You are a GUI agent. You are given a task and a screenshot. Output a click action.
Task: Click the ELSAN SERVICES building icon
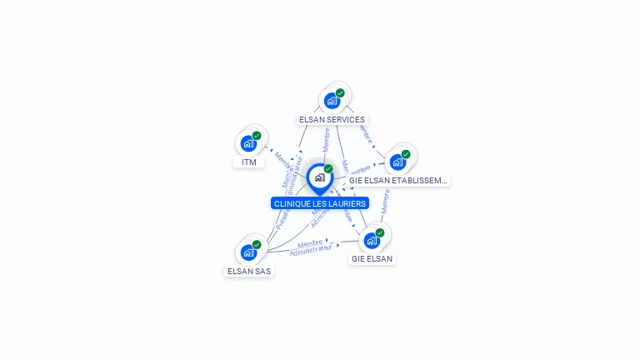tap(332, 102)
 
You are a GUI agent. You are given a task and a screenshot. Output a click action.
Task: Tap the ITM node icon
tap(248, 143)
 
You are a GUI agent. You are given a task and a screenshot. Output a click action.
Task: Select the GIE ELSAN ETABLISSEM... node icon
tap(397, 162)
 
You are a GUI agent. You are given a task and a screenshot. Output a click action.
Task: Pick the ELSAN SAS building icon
tap(248, 252)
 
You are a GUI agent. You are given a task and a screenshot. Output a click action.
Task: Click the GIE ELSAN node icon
tap(372, 241)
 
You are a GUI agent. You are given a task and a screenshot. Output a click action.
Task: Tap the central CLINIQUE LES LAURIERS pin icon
tap(319, 177)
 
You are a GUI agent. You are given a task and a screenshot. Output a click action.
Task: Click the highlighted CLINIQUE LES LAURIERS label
tap(320, 203)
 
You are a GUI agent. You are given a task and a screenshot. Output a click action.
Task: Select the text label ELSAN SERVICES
tap(332, 119)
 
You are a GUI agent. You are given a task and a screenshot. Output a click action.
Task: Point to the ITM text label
tap(249, 162)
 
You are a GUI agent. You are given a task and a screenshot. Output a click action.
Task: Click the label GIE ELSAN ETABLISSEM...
tap(398, 180)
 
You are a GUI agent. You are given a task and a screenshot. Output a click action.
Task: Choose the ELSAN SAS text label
tap(249, 271)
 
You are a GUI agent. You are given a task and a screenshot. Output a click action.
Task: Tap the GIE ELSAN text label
tap(372, 259)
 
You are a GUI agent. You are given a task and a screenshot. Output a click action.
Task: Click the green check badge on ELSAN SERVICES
tap(340, 93)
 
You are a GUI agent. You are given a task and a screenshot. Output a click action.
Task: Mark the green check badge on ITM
tap(257, 135)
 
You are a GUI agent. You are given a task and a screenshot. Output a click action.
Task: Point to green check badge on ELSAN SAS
tap(257, 244)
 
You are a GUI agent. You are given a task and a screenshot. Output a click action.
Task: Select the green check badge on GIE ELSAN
tap(380, 232)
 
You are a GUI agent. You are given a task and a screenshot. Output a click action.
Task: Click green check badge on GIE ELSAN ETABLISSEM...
tap(406, 153)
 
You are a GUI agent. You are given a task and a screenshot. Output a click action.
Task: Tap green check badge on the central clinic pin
tap(328, 168)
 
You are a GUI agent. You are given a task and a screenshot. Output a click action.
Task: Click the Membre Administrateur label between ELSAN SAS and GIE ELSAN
tap(311, 247)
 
